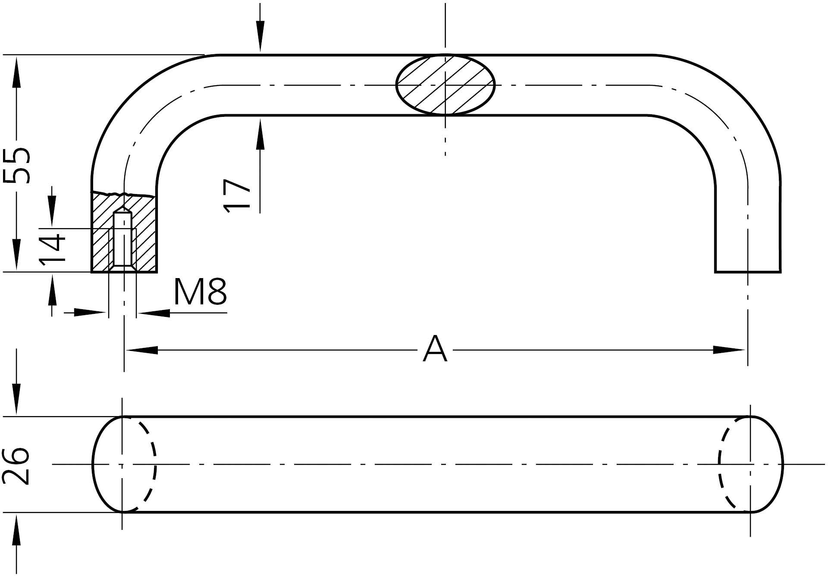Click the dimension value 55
tap(16, 165)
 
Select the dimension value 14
tap(52, 249)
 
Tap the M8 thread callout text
tap(200, 292)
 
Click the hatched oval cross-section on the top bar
tap(445, 85)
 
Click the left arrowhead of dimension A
tap(142, 350)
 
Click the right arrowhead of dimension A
tap(729, 350)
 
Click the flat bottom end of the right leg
tap(748, 272)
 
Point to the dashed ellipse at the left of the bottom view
tap(147, 464)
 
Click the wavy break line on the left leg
tap(123, 193)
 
